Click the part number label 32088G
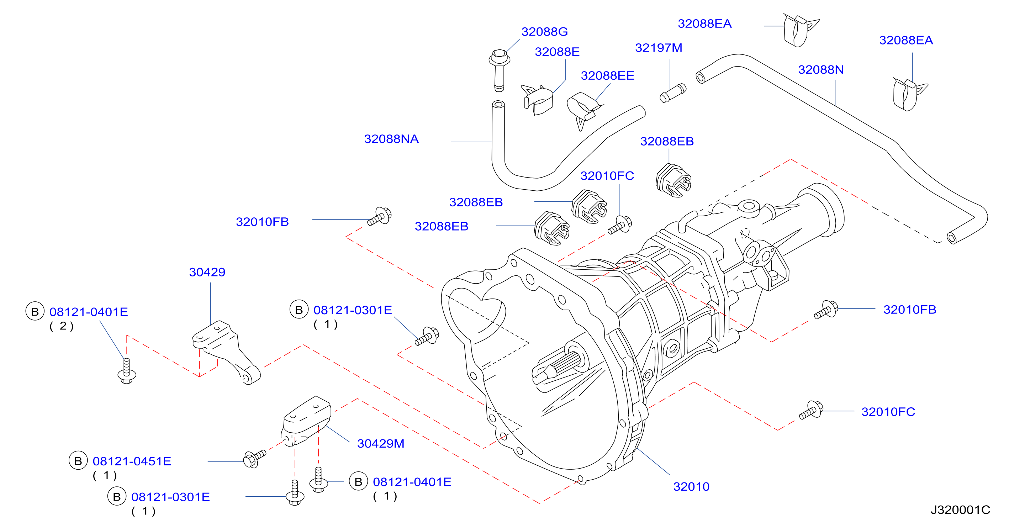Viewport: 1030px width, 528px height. tap(544, 32)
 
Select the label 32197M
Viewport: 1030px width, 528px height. tap(659, 48)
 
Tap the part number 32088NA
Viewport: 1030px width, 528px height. tap(391, 139)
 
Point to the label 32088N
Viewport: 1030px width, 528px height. tap(820, 70)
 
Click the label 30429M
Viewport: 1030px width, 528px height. tap(380, 444)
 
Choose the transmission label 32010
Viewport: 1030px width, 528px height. tap(691, 487)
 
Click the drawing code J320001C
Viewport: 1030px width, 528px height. tap(960, 510)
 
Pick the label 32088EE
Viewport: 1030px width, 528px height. tap(607, 75)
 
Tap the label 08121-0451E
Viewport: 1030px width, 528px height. tap(132, 461)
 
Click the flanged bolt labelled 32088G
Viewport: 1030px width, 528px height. tap(499, 70)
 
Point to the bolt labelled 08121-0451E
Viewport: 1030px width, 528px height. tap(255, 458)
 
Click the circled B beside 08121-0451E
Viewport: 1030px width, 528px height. tap(78, 461)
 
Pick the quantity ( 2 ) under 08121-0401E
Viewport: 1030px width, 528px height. tap(62, 326)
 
